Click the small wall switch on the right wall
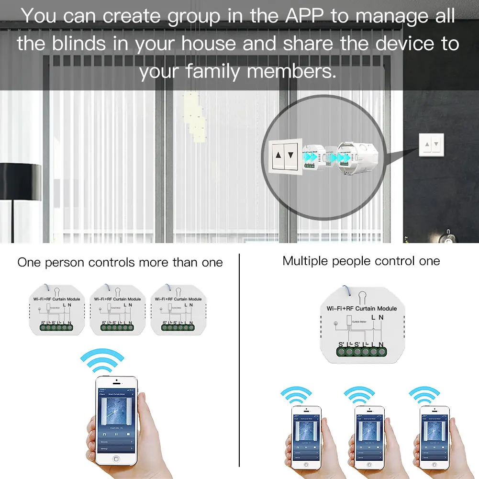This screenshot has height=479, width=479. click(x=433, y=144)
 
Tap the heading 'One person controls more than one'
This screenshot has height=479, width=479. click(x=120, y=262)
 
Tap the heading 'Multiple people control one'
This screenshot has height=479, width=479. click(x=361, y=261)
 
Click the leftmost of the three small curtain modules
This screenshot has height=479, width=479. click(x=56, y=310)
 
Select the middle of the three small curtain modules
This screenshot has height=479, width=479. click(x=117, y=310)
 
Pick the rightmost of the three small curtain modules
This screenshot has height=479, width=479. click(x=178, y=310)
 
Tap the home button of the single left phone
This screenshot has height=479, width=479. click(x=115, y=458)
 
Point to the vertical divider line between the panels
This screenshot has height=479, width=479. click(x=239, y=359)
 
